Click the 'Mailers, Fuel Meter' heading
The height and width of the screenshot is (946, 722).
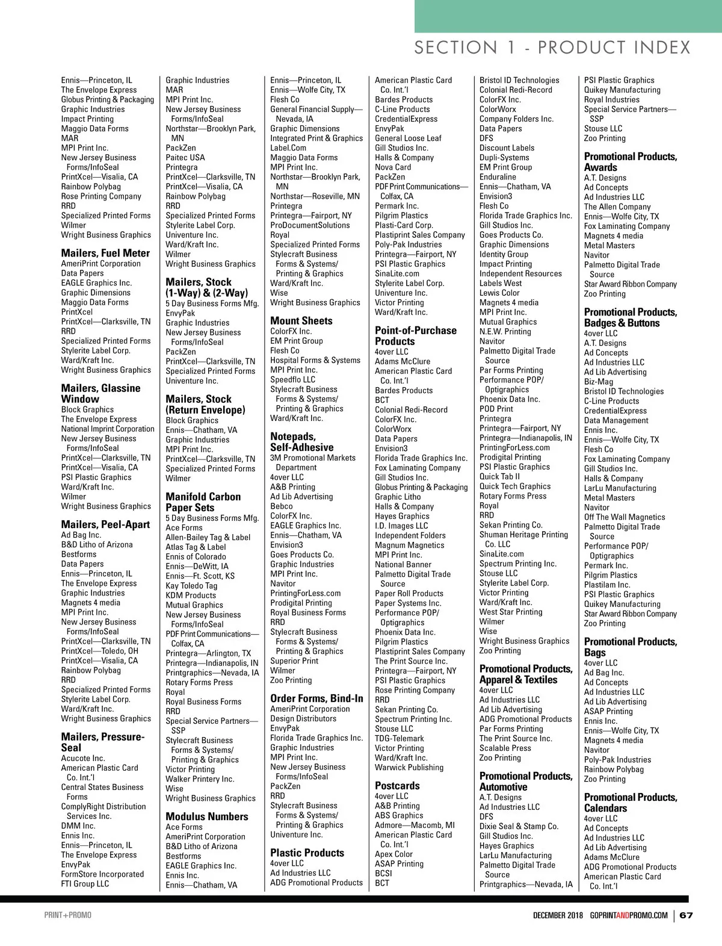coord(105,253)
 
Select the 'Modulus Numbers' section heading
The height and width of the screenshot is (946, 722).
coord(207,817)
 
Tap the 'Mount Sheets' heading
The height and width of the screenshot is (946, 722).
coord(301,321)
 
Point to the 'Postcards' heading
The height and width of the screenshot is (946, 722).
coord(397,786)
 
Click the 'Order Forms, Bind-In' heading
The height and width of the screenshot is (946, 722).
coord(316,699)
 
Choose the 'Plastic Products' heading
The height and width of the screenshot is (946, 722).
coord(307,853)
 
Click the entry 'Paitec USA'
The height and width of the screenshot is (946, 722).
coord(185,158)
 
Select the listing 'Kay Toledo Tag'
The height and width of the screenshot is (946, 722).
coord(191,586)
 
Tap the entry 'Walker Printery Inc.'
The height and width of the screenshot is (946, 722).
coord(200,779)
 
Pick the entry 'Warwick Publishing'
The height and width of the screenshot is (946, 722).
coord(409,768)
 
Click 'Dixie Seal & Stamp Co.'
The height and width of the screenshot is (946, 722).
coord(519,827)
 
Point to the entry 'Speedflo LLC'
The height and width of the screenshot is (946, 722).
coord(292,380)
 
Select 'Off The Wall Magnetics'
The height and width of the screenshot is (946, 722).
coord(625,517)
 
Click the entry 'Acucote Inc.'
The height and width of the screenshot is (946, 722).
coord(83,759)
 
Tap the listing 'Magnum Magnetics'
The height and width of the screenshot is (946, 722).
coord(409,546)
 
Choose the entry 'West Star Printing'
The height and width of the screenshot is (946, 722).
coord(511,612)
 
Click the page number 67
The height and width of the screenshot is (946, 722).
coord(687,915)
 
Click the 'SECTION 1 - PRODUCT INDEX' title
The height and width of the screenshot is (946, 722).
coord(552,48)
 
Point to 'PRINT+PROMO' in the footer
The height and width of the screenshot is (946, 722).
coord(68,915)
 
